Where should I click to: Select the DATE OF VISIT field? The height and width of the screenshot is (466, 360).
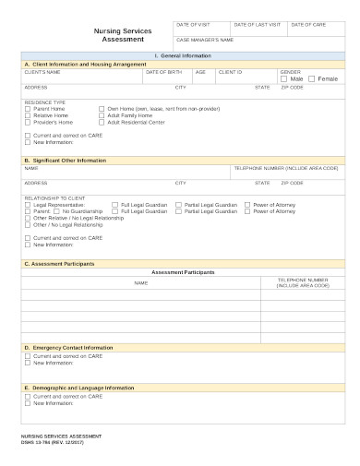tap(201, 30)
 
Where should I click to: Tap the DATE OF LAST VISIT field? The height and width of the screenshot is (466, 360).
tap(258, 30)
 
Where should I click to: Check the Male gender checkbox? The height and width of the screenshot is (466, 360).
tap(284, 79)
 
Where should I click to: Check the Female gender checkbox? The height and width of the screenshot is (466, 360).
tap(311, 79)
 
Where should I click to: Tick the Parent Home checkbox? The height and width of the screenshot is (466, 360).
tap(27, 108)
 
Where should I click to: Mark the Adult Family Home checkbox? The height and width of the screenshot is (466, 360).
tap(102, 114)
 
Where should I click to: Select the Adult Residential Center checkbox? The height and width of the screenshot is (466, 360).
tap(102, 121)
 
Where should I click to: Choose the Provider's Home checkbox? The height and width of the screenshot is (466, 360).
tap(27, 121)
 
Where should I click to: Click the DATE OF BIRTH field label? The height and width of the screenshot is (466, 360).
tap(162, 71)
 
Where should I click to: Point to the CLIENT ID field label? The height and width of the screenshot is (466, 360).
tap(230, 71)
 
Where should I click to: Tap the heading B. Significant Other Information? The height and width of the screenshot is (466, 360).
tap(65, 160)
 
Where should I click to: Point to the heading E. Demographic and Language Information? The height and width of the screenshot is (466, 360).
tap(78, 388)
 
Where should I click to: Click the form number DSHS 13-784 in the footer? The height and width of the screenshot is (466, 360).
tap(41, 440)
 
